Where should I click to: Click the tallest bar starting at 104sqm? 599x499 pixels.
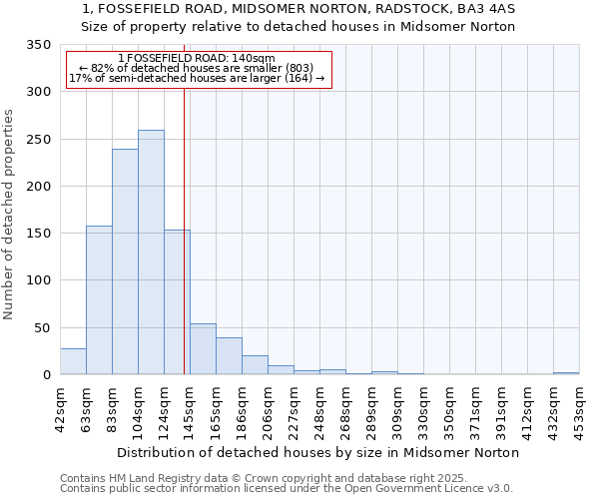[151, 252]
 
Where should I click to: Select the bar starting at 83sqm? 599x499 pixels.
[125, 261]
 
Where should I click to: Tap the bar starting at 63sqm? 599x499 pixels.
[99, 299]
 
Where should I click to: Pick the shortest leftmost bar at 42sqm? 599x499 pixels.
[73, 361]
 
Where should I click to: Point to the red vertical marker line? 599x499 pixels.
[185, 230]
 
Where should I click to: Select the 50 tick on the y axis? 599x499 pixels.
[42, 327]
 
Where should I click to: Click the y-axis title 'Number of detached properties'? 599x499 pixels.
[10, 215]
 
